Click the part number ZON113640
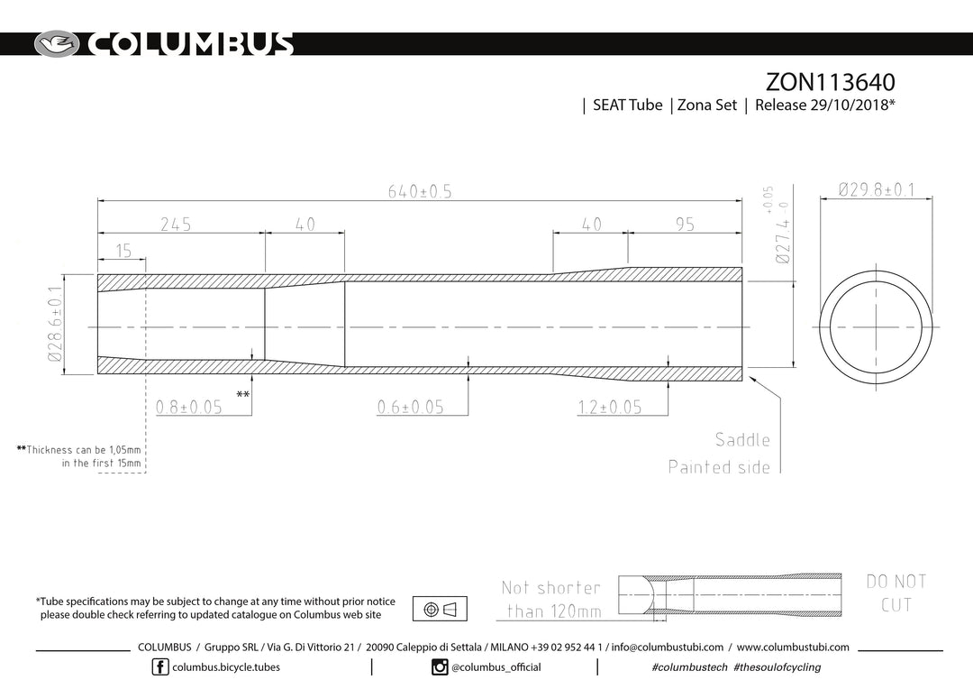(830, 82)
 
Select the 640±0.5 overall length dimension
(420, 191)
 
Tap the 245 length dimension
(176, 225)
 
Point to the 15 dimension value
(123, 251)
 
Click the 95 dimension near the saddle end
(685, 225)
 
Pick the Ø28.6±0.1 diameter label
(55, 324)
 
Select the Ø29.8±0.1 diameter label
(877, 188)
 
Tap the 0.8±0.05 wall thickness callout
(188, 407)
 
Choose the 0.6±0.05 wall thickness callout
(410, 407)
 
